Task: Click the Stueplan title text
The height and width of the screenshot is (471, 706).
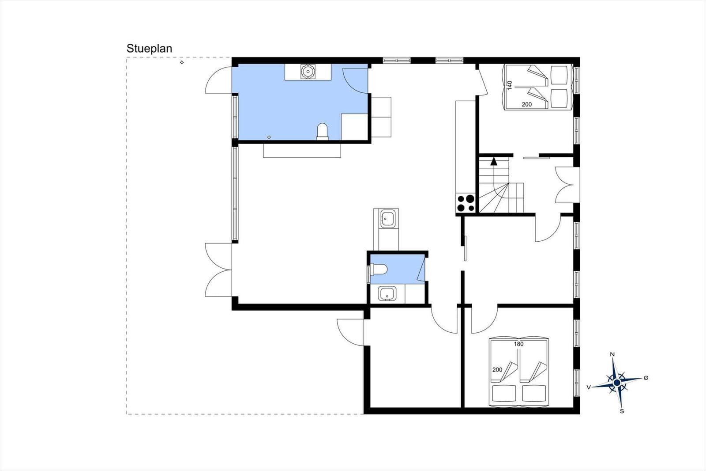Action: coord(149,49)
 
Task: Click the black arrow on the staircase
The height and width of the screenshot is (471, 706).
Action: coord(494,161)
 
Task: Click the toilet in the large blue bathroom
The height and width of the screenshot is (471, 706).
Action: coord(323,131)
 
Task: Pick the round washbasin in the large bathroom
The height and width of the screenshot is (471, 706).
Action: coord(308,72)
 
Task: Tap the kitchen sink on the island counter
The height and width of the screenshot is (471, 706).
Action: coord(387,218)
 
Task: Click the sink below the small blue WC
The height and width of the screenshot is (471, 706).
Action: coord(387,294)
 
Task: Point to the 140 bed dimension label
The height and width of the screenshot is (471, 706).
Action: coord(509,85)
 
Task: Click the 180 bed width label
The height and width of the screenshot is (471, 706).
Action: coord(518,344)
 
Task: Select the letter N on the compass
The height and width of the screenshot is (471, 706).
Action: coord(612,354)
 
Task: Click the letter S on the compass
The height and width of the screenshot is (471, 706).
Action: coord(622,411)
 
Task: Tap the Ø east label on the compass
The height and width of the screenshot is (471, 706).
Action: coord(646,378)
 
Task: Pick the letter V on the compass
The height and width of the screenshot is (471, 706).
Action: coord(589,387)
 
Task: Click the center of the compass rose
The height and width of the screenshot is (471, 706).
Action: coord(617,383)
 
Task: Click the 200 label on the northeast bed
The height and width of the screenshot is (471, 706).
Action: coord(527,104)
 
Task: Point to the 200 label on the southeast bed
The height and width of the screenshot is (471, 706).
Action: coord(497,370)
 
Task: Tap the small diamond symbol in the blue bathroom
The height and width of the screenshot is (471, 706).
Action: coord(269,137)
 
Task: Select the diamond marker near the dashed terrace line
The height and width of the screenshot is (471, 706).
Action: coord(182,62)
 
